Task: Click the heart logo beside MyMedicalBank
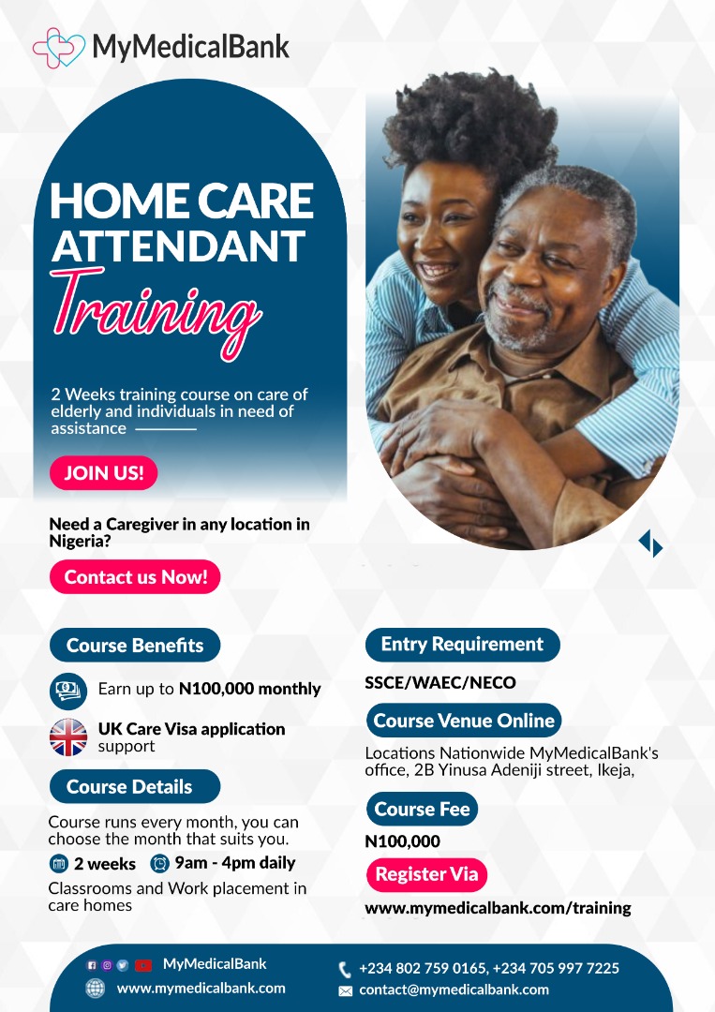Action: [59, 48]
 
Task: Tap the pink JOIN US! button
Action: [103, 472]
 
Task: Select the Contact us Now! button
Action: [135, 576]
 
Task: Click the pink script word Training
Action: [156, 312]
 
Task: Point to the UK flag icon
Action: [68, 737]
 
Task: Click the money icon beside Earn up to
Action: [68, 691]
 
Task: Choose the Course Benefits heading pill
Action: [135, 645]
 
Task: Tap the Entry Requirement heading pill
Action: [462, 644]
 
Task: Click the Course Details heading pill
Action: [135, 786]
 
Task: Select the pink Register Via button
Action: [426, 874]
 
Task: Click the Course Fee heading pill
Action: [422, 809]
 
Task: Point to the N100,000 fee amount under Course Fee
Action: [403, 841]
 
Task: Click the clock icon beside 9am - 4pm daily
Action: [159, 863]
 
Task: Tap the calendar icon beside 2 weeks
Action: [59, 864]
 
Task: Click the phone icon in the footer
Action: [345, 970]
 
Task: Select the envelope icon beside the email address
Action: [346, 990]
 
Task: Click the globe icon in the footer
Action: [95, 989]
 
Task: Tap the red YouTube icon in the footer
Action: [143, 965]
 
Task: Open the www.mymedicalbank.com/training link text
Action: [499, 908]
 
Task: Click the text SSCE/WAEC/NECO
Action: [440, 683]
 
